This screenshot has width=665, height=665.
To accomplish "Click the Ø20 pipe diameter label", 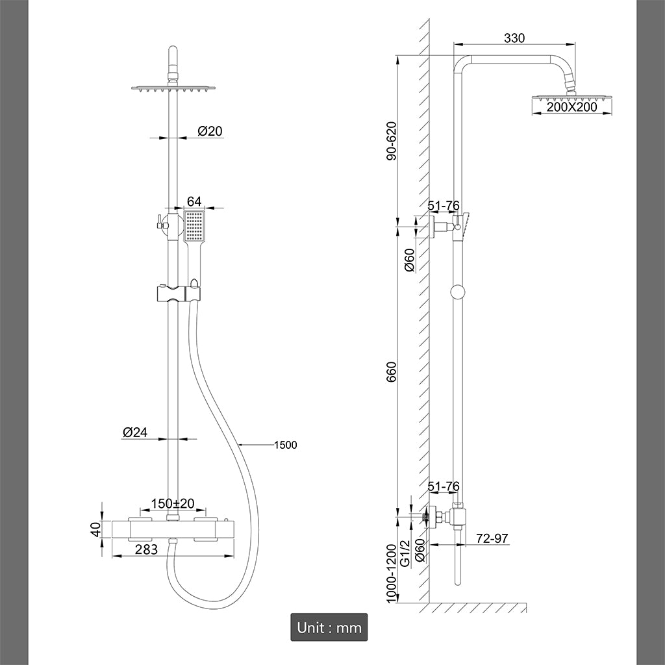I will click(x=210, y=131).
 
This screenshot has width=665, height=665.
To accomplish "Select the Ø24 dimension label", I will click(x=134, y=432).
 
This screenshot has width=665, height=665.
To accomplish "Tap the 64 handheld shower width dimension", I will click(x=194, y=201).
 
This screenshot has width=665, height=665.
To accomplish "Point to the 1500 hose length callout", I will click(x=285, y=445).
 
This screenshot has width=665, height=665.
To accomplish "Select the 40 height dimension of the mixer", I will click(x=96, y=529).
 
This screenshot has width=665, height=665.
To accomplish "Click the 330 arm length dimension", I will click(x=514, y=38).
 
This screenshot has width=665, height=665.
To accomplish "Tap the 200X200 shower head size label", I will click(x=571, y=107).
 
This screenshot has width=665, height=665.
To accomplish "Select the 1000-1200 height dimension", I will click(x=391, y=573).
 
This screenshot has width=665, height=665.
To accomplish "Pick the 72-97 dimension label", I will click(x=492, y=538).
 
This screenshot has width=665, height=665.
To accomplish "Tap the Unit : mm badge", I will click(x=329, y=627).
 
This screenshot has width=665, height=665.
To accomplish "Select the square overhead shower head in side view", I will click(x=572, y=98).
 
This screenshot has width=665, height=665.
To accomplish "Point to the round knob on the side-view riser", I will click(x=458, y=292).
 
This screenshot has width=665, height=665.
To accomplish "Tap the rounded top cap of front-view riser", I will click(x=173, y=51).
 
